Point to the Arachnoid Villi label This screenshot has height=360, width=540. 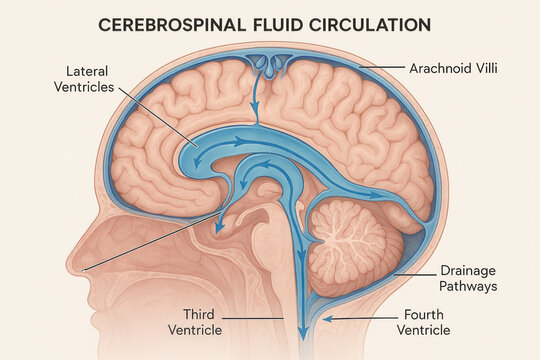pos(454,69)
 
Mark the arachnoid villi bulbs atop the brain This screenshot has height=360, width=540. pos(267,62)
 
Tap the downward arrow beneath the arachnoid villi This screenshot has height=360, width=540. pos(255,100)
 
